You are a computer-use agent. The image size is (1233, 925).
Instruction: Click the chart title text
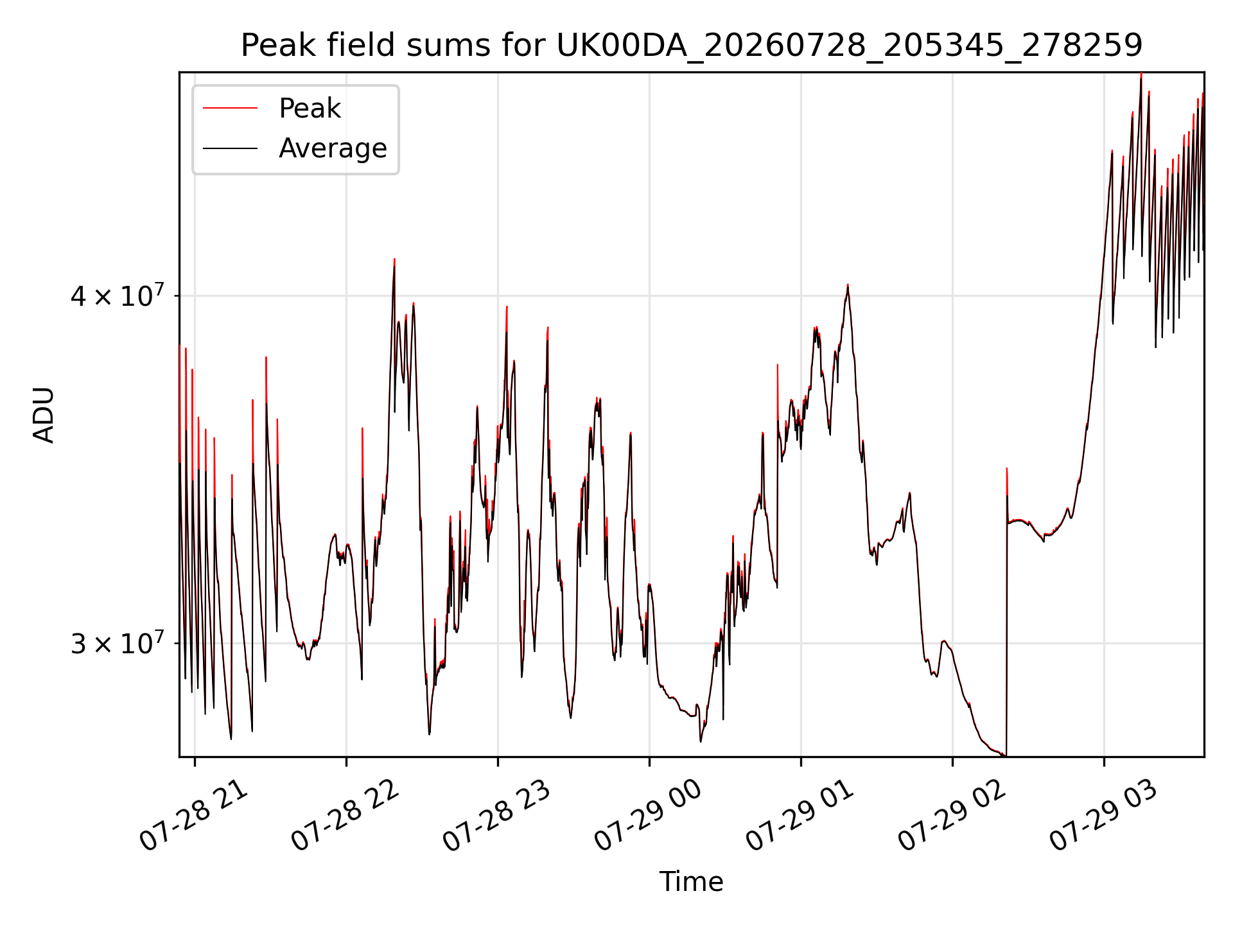coord(692,46)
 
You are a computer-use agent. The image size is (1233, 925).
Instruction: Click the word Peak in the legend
coord(310,108)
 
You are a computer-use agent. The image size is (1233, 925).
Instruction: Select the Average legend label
coord(333,148)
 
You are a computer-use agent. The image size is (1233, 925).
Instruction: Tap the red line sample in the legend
coord(230,108)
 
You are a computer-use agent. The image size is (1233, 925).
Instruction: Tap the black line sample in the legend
coord(230,148)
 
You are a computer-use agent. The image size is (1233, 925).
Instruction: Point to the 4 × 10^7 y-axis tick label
coord(118,295)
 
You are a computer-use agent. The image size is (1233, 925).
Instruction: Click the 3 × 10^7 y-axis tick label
coord(118,642)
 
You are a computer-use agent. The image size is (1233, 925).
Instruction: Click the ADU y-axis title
coord(44,415)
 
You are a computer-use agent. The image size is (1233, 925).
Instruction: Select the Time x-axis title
coord(691,881)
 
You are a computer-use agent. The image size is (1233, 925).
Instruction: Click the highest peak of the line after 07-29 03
coord(1141,74)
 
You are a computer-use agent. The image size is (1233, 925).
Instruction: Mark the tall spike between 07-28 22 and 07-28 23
coord(394,260)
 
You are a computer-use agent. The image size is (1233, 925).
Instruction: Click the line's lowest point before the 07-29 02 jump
coord(1005,755)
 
